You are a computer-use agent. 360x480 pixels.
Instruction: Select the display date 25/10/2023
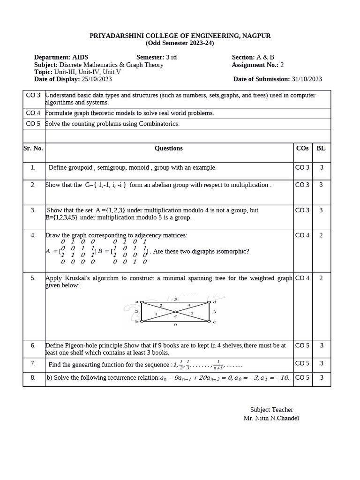97,79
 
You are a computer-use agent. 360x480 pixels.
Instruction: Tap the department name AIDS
80,57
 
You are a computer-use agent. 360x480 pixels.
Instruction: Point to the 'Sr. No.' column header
33,148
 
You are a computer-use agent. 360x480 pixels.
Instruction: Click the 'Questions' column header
169,148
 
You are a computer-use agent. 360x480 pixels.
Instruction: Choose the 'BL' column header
321,148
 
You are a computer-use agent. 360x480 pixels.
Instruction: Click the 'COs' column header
302,148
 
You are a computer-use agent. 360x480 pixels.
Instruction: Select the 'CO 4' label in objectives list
33,113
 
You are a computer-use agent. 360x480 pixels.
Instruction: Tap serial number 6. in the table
33,345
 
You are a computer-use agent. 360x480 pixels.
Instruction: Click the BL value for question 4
321,235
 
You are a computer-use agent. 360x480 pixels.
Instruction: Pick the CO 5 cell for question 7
302,363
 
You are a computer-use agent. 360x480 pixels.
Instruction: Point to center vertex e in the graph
175,312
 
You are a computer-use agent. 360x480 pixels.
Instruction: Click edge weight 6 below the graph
175,324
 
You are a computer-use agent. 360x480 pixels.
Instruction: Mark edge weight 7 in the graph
191,314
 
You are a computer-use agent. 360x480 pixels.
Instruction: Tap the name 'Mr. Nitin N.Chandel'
271,418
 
